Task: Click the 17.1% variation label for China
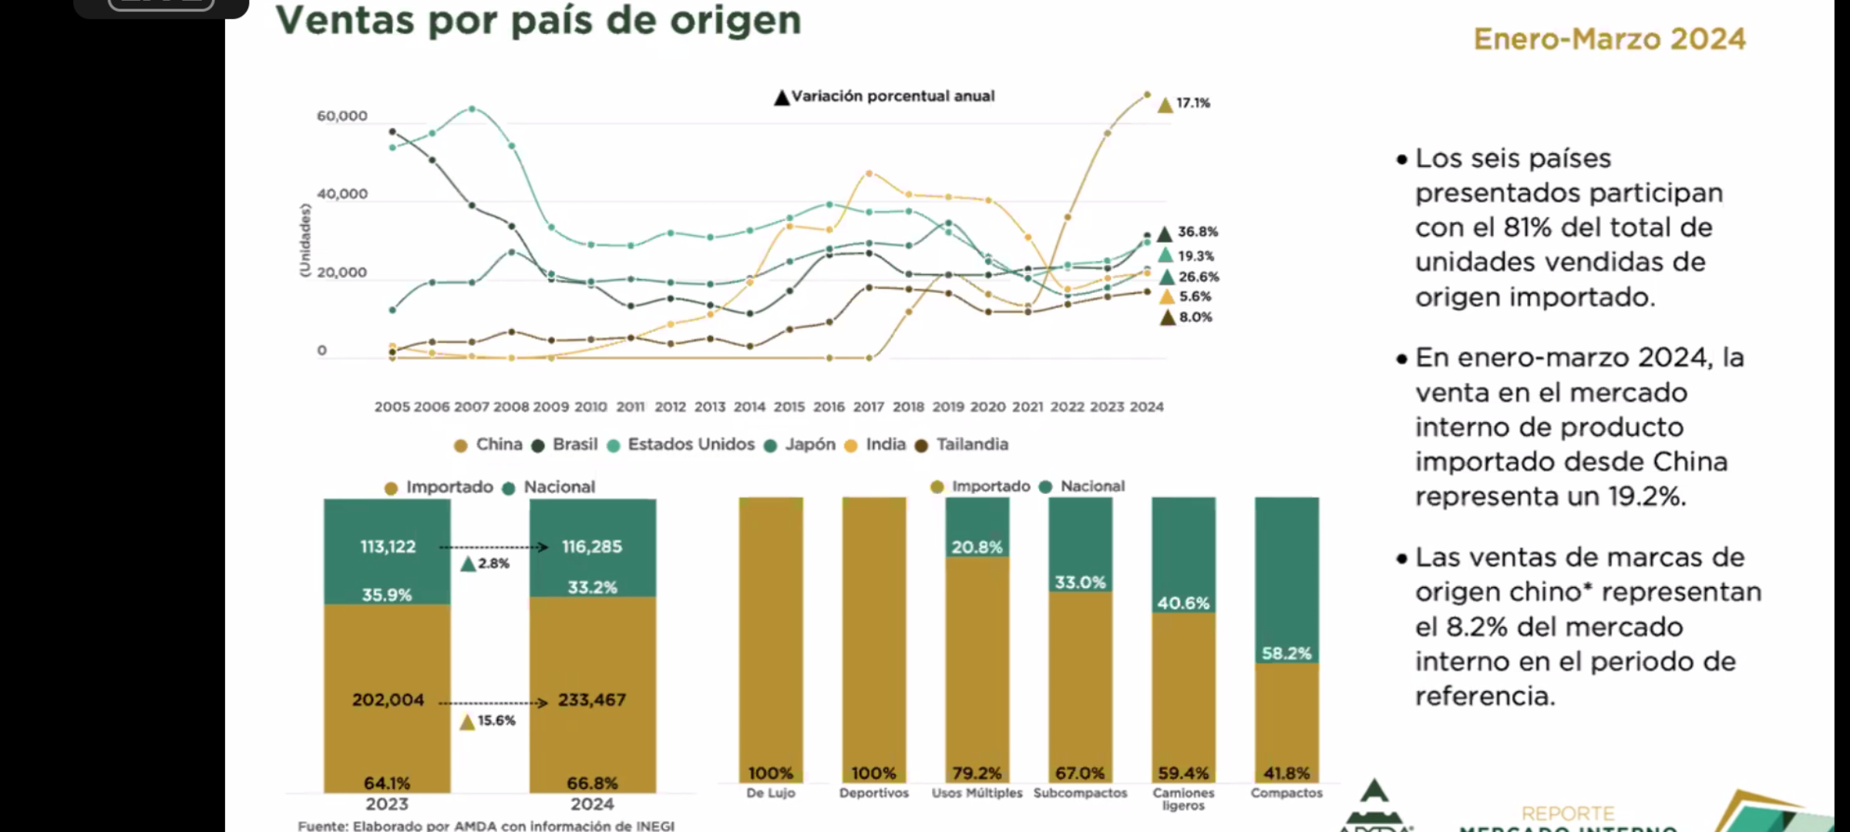coord(1192,103)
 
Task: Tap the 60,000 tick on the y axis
coord(342,116)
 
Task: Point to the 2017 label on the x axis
coord(869,407)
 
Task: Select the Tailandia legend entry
coord(972,445)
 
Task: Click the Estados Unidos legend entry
coord(691,445)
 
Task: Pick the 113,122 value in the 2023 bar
coord(388,547)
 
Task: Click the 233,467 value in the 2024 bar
coord(592,700)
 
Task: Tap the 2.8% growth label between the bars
coord(493,564)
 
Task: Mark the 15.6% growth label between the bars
coord(496,721)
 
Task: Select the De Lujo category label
coord(771,793)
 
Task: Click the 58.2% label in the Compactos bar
coord(1287,654)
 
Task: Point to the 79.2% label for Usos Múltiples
coord(977,773)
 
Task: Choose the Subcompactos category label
coord(1080,793)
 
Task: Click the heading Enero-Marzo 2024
coord(1609,39)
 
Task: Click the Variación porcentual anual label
coord(893,96)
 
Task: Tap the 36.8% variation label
coord(1198,232)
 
